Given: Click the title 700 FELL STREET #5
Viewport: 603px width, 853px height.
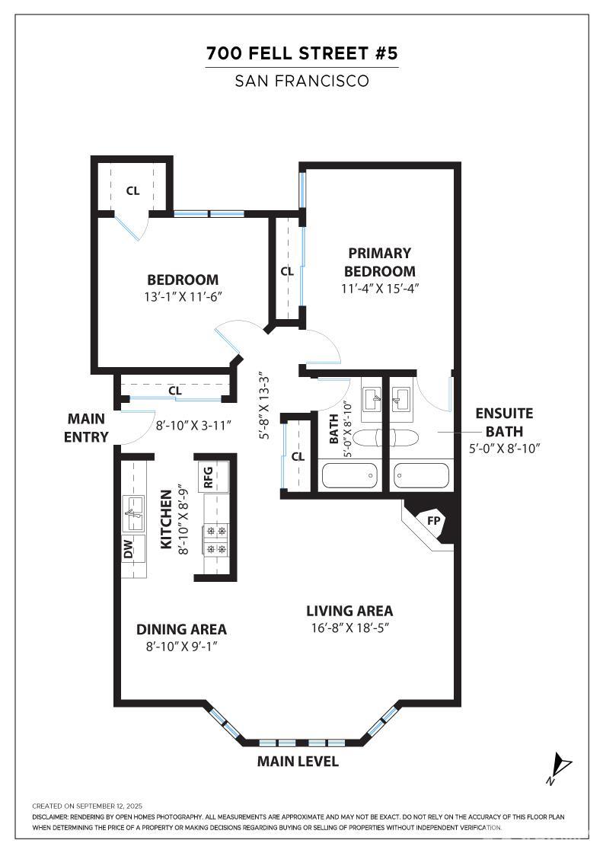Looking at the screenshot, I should [301, 53].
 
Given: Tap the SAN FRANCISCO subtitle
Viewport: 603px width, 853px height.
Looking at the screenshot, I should [301, 80].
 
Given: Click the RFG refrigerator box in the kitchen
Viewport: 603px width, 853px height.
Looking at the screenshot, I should [207, 477].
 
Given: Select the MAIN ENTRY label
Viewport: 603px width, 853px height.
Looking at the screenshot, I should [87, 427].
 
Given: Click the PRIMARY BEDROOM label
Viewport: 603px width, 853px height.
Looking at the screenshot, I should [379, 262].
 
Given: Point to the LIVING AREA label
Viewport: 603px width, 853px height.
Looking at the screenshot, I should [349, 611].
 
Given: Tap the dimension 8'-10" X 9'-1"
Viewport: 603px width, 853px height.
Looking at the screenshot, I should [181, 646].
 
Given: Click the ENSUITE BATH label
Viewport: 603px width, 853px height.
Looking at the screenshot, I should [504, 422].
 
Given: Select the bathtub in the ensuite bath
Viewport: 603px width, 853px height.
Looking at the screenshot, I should [421, 476].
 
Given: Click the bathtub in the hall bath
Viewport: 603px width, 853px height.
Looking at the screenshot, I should [349, 476].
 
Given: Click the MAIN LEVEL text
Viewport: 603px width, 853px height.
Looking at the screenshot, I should [298, 762].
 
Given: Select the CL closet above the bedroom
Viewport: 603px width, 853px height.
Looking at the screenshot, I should [132, 190].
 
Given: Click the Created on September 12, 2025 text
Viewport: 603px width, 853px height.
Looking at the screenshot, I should [87, 806].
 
